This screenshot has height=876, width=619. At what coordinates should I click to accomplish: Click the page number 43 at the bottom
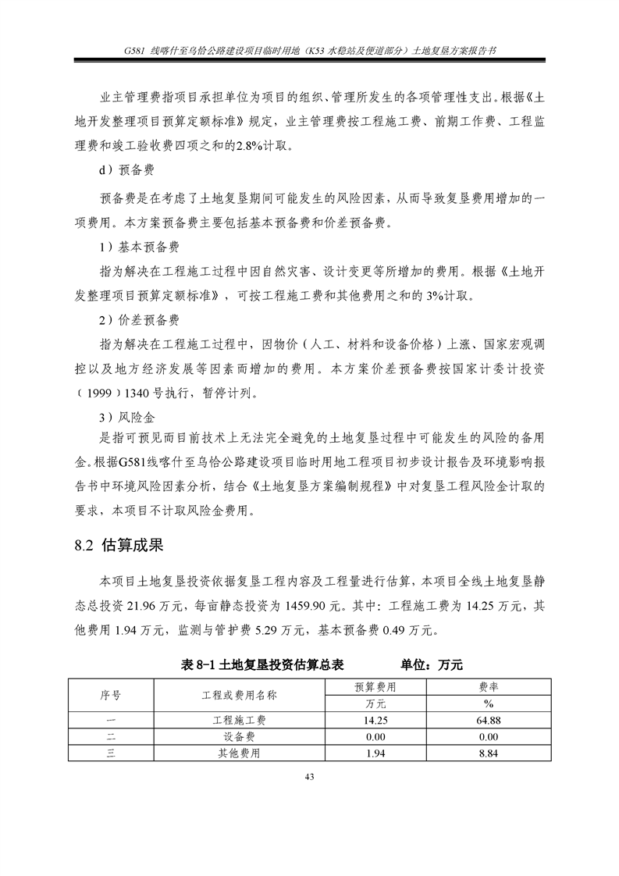[309, 776]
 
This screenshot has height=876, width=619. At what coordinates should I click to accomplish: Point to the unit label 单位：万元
[432, 664]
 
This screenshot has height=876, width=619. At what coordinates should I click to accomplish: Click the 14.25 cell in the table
[375, 720]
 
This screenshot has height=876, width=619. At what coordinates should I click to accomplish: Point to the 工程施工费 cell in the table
[245, 720]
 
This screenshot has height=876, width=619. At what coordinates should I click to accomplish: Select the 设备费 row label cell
[245, 737]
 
